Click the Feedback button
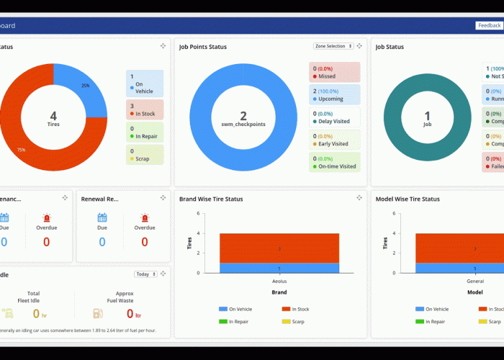(489, 25)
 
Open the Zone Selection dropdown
(334, 46)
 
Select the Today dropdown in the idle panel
(145, 274)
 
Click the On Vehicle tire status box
(145, 84)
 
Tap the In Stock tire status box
(145, 109)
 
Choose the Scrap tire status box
(145, 155)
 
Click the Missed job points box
(334, 72)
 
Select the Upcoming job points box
(334, 95)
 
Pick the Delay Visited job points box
(334, 117)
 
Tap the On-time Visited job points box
(334, 162)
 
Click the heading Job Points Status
(203, 47)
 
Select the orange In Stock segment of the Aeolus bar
(279, 248)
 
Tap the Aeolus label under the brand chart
(279, 282)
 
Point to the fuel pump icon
(97, 314)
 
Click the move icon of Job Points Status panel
(359, 45)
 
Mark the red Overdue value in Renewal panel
(144, 242)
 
